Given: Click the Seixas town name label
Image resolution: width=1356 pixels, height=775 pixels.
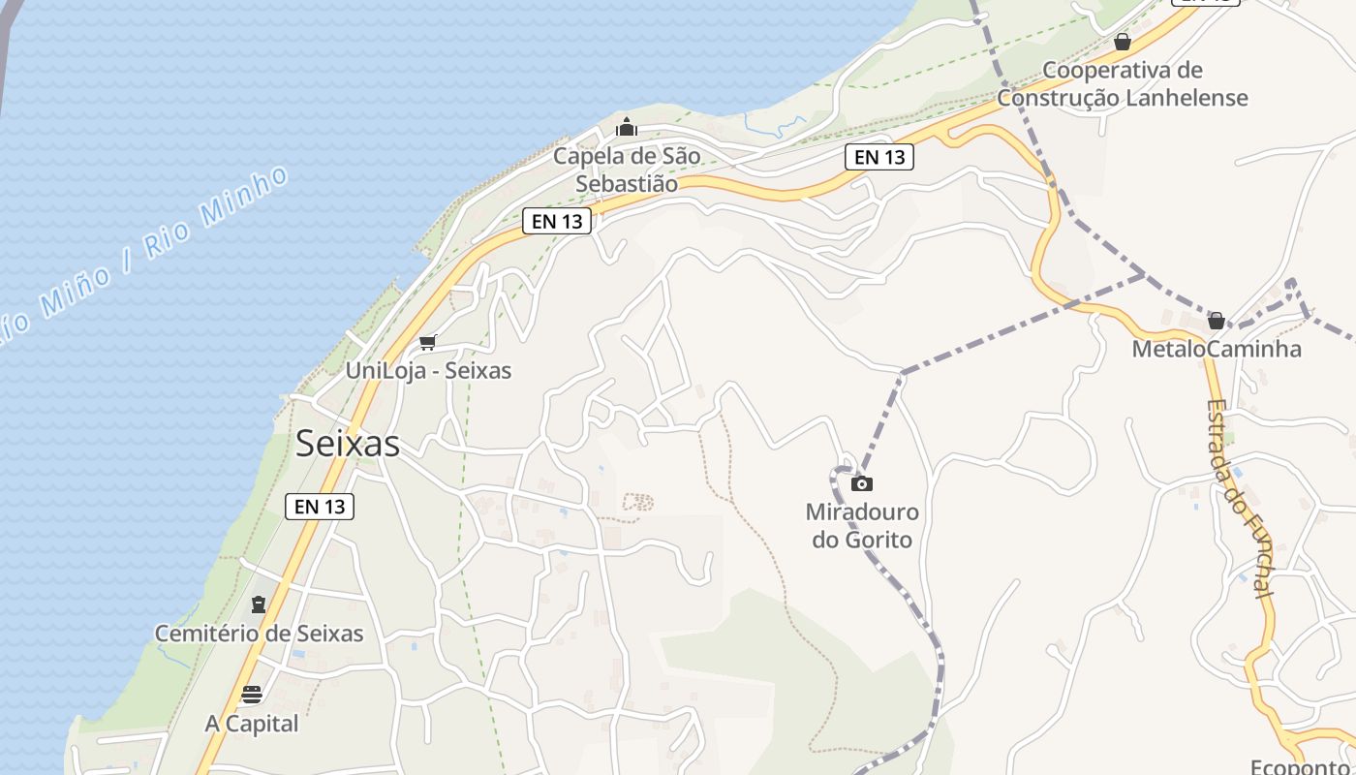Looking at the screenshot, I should [x=347, y=444].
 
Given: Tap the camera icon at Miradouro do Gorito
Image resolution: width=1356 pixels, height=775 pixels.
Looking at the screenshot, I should [x=861, y=483].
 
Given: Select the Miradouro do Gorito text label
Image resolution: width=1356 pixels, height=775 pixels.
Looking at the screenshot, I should [x=862, y=525].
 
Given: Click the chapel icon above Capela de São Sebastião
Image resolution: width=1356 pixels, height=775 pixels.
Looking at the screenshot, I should [x=627, y=127].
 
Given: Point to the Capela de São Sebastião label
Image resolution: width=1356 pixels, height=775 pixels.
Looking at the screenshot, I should [x=627, y=170].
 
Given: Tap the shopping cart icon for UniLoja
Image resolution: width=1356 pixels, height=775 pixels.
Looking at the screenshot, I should [x=428, y=342].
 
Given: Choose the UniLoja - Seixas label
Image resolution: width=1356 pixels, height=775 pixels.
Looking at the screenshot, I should [x=428, y=370].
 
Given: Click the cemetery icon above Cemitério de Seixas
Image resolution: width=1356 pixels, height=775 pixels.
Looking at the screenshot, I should [x=258, y=604].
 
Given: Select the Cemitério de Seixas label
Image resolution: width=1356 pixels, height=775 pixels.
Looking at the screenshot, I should [x=260, y=634].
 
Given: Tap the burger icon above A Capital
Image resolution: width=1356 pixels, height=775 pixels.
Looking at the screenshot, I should [x=252, y=694].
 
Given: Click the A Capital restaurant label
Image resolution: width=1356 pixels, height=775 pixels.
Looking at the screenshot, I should [x=252, y=724].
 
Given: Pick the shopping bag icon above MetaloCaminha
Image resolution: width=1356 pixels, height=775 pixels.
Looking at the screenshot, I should [x=1217, y=321].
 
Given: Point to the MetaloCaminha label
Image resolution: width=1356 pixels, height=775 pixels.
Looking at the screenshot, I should [x=1217, y=349].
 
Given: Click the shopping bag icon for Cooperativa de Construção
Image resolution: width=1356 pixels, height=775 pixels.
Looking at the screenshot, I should [x=1123, y=42].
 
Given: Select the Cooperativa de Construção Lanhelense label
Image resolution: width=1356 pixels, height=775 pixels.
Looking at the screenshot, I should [x=1123, y=84].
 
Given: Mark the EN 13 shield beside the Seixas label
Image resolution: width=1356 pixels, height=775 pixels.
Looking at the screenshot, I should [x=320, y=506].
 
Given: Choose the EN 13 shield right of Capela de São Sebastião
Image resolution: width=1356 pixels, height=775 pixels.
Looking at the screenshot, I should [x=879, y=157].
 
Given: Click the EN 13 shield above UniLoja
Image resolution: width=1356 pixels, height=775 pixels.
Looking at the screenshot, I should [x=557, y=221].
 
